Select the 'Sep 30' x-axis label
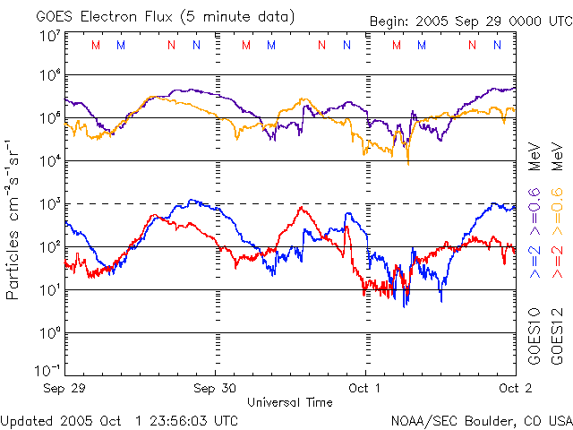point(215,388)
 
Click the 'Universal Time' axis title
point(289,402)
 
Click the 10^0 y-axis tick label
point(50,332)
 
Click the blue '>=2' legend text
point(535,260)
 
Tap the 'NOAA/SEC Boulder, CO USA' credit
point(481,419)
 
